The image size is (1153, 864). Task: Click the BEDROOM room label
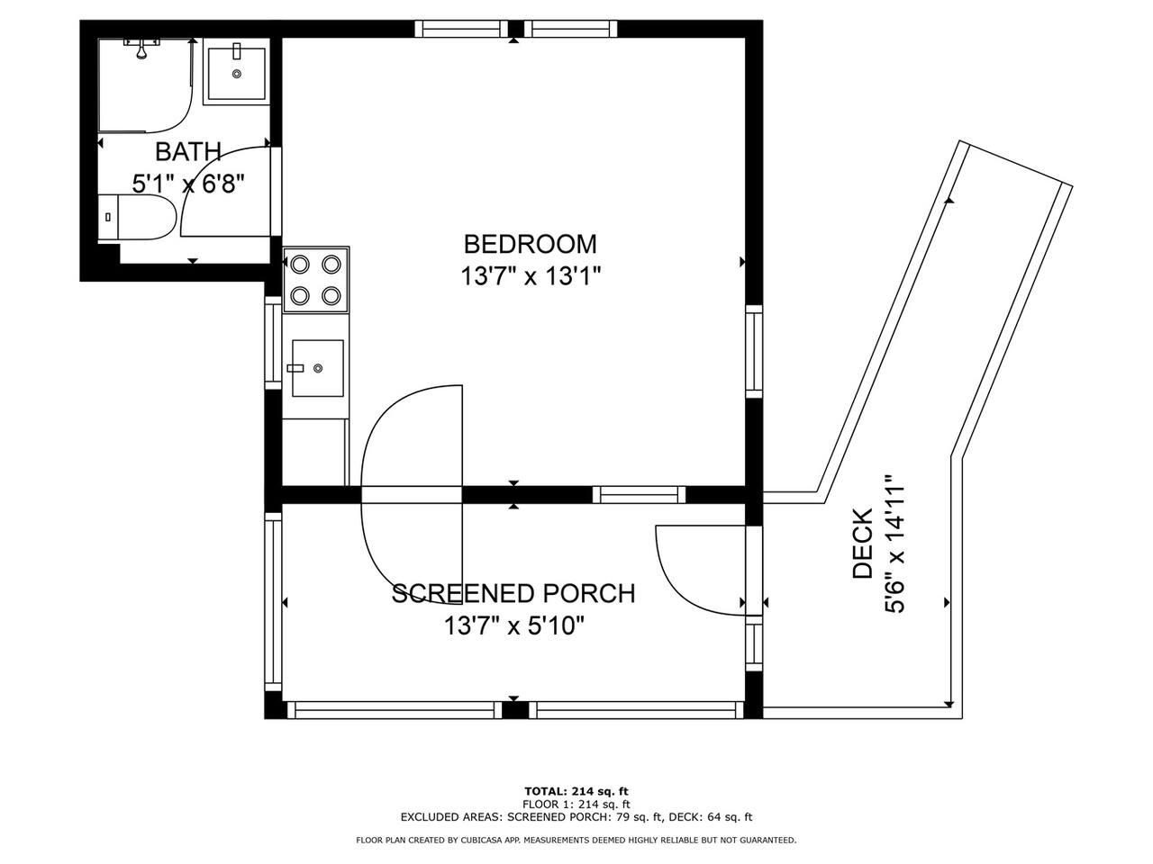[530, 244]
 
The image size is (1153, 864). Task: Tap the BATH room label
[188, 152]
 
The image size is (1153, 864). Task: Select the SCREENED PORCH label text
[513, 593]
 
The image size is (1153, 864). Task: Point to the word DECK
[862, 544]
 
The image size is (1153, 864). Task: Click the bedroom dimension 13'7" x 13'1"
[530, 276]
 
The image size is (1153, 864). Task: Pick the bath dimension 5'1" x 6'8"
[188, 184]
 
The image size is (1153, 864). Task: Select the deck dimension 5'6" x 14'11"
[894, 544]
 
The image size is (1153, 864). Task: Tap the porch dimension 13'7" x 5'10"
[513, 625]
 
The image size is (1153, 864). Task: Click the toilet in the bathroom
[138, 217]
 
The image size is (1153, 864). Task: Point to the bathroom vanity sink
[236, 74]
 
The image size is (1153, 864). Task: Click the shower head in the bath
[141, 48]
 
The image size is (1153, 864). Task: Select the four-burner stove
[315, 280]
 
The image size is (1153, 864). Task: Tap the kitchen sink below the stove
[317, 368]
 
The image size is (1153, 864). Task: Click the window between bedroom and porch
[640, 495]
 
